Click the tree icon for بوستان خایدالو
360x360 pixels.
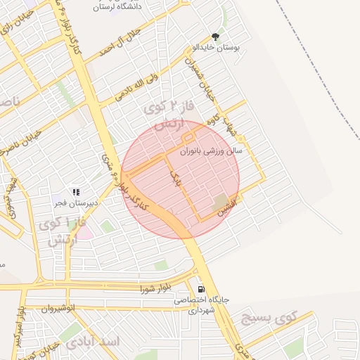pyautogui.click(x=215, y=37)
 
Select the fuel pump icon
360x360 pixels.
pyautogui.click(x=201, y=289)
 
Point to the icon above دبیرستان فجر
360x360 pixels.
pyautogui.click(x=76, y=191)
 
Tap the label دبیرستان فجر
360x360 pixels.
pyautogui.click(x=76, y=203)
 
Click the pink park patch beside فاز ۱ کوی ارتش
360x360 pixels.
pyautogui.click(x=84, y=233)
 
